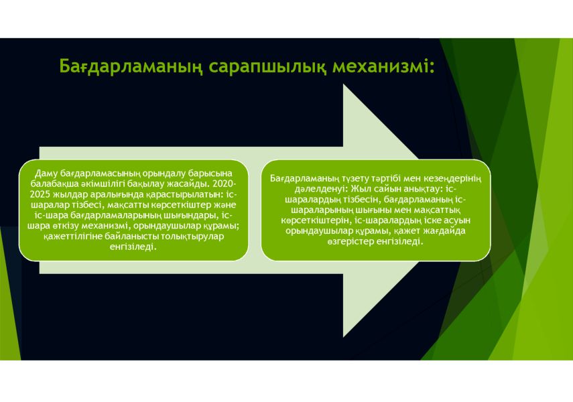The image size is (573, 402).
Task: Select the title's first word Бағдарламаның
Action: [x=131, y=67]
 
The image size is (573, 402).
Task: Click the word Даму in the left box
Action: [x=46, y=174]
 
